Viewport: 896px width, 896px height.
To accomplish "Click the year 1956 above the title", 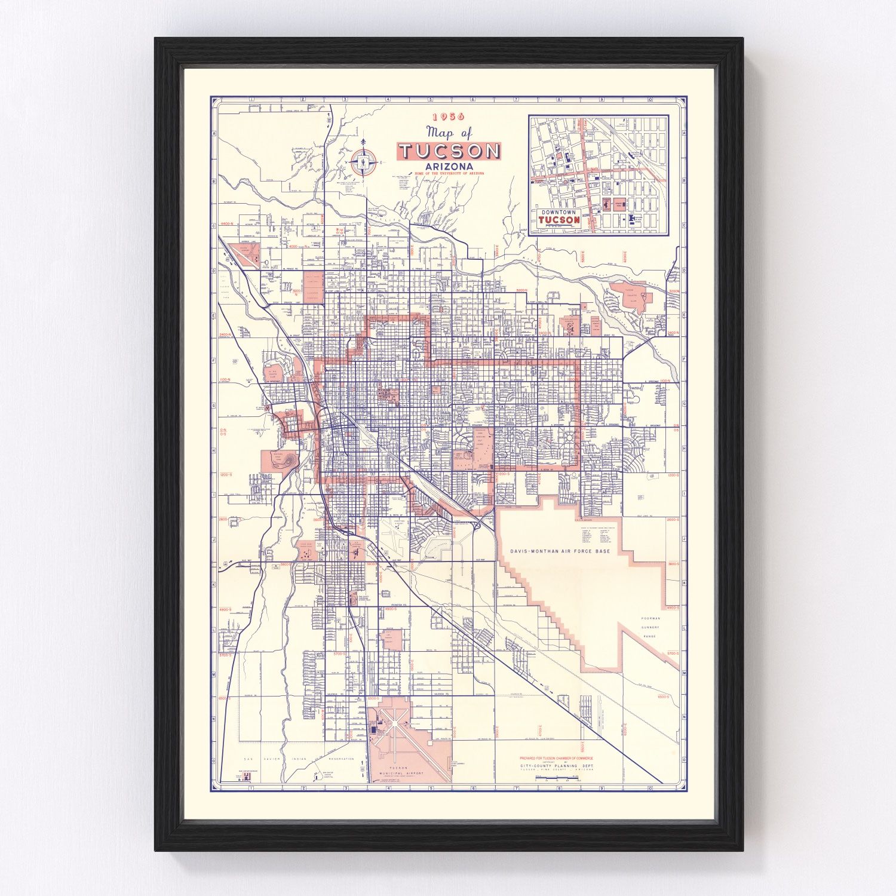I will pos(449,117).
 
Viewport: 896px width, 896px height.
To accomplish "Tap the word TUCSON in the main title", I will pos(449,151).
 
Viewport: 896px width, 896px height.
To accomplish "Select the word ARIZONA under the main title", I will pos(446,166).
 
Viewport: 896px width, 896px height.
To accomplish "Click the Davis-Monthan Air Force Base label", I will pos(560,551).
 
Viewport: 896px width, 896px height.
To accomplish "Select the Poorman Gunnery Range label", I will pos(650,627).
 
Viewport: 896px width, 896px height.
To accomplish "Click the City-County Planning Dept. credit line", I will pos(557,765).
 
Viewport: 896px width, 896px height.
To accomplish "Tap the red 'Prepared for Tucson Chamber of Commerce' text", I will pos(557,759).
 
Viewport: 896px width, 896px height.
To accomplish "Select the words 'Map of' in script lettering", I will pos(449,133).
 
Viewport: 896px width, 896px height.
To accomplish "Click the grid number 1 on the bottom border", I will pos(253,788).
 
